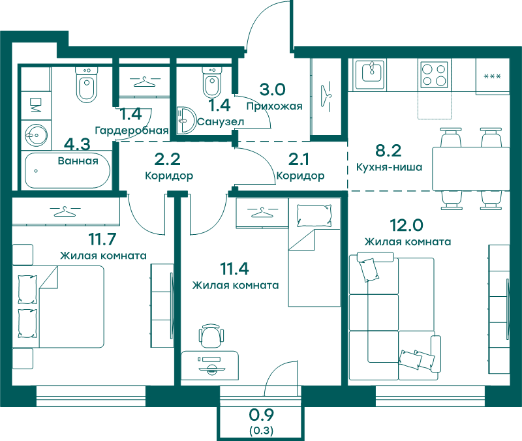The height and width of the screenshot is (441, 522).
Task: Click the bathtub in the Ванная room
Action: tap(67, 170)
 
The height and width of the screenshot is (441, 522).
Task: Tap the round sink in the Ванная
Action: tap(36, 136)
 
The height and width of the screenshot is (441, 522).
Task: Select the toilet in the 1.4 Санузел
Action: tap(212, 82)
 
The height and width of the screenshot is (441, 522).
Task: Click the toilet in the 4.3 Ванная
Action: tap(87, 85)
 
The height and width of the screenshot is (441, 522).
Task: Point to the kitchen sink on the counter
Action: tap(371, 74)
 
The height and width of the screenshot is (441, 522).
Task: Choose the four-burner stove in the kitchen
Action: tap(434, 74)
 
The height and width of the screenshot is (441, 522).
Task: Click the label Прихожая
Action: tap(274, 106)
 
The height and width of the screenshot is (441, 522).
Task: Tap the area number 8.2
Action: tap(388, 151)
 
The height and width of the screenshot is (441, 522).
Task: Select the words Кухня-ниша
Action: tap(389, 167)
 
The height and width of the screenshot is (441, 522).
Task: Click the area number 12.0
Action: tap(407, 225)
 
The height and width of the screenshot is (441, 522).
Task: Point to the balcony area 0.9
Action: tap(262, 415)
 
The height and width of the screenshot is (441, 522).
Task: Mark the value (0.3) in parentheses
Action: tap(262, 431)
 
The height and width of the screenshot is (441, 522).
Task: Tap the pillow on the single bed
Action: tap(315, 216)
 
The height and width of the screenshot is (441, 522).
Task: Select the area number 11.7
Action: tap(102, 239)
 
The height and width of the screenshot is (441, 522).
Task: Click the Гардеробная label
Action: tap(132, 130)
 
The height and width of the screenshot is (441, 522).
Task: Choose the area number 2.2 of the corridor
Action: tap(167, 159)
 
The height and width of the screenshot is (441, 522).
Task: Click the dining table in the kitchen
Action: tap(470, 169)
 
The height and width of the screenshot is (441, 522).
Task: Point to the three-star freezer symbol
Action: tap(492, 76)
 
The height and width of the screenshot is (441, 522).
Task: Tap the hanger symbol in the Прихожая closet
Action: tap(326, 97)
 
